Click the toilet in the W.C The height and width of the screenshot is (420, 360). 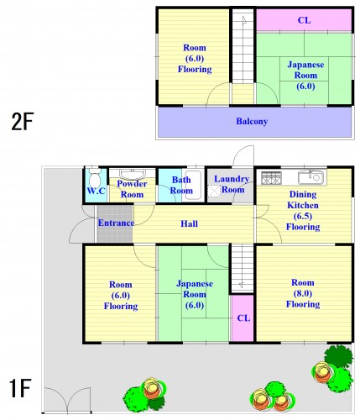[x=95, y=178]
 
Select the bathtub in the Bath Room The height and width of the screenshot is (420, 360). [x=193, y=185]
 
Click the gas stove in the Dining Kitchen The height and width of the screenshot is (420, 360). [x=271, y=178]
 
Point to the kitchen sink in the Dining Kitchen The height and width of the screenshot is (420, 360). [x=312, y=177]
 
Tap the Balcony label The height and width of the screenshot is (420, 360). [x=252, y=122]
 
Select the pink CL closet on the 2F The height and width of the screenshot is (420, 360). [x=304, y=20]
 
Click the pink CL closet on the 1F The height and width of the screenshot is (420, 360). [x=243, y=318]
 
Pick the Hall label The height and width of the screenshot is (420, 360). [x=189, y=223]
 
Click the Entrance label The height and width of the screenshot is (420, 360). [x=116, y=223]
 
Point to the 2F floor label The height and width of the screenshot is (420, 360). [x=23, y=122]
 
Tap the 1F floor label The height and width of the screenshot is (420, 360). [x=20, y=388]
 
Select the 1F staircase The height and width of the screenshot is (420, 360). [x=243, y=269]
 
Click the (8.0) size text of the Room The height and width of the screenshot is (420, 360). [x=303, y=293]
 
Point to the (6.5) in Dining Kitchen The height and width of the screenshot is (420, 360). [x=303, y=216]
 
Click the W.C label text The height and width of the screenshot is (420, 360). [x=96, y=191]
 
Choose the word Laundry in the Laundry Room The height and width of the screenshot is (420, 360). [x=232, y=179]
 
